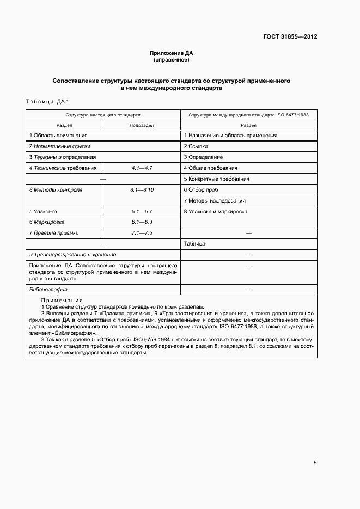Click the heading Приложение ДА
click(x=172, y=53)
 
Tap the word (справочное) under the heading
click(x=172, y=60)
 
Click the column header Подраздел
click(x=141, y=125)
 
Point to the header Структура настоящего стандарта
click(x=103, y=115)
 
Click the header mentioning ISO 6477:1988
click(x=248, y=115)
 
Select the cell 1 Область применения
click(x=58, y=135)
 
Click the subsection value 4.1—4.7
click(x=142, y=168)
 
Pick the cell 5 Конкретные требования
click(x=216, y=179)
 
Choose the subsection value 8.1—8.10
click(x=142, y=189)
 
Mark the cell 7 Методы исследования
click(x=215, y=200)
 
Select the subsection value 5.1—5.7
click(x=142, y=211)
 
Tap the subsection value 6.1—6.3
click(x=142, y=222)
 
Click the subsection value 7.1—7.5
click(x=142, y=233)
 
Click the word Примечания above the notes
click(x=62, y=300)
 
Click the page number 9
click(x=315, y=463)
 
